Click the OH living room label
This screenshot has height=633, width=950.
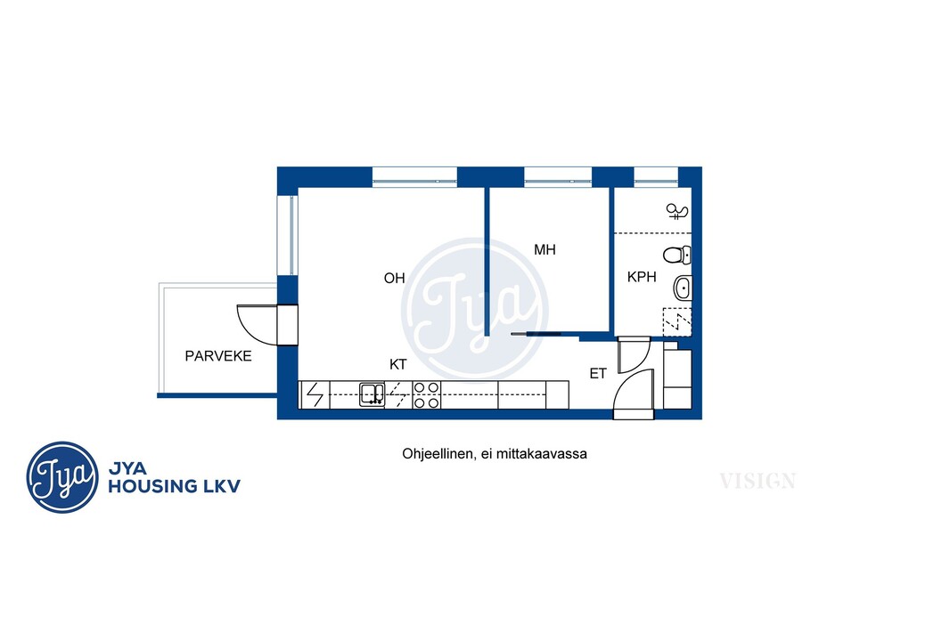coord(395,279)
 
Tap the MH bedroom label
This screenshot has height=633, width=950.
coord(545,250)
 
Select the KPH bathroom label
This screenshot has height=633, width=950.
coord(642,277)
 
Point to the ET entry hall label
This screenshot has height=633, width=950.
coord(598,374)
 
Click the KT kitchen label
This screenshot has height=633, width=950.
coord(398,364)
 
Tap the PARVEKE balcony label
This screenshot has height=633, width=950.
coord(218,356)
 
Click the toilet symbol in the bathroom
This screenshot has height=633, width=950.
coord(676,255)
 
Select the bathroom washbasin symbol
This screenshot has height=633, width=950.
coord(683,288)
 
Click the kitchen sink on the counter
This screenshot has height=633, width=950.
coord(372,394)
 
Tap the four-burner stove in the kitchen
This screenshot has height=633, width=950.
coord(426,394)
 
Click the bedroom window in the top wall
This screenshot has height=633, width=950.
coord(557,175)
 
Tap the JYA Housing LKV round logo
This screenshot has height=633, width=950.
coord(61,477)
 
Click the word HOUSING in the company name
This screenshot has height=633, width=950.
coord(152,486)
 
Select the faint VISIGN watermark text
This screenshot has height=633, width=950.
coord(758,481)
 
